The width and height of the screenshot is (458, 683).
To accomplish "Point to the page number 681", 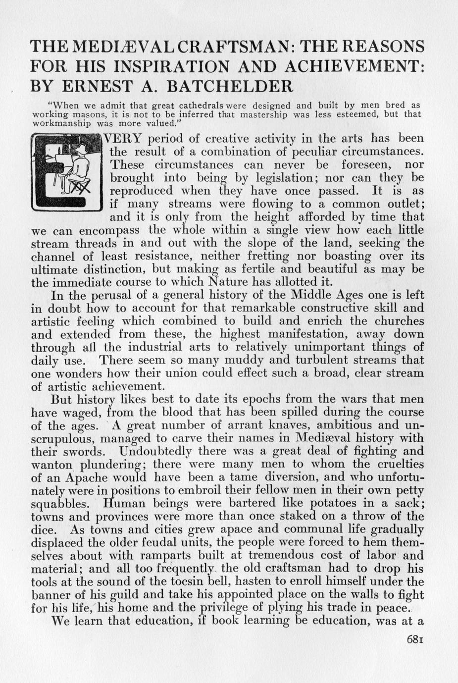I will [x=414, y=639].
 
